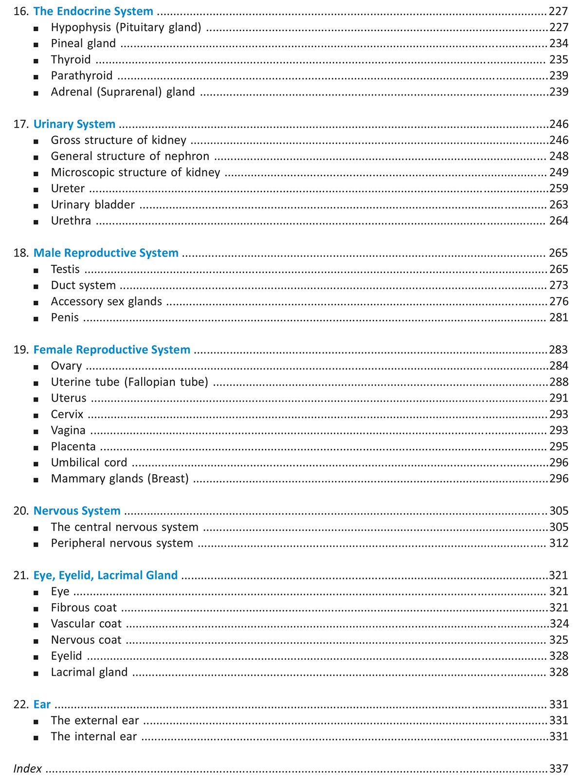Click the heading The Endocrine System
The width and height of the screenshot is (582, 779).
pos(93,11)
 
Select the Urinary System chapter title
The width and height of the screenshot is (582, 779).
pos(74,124)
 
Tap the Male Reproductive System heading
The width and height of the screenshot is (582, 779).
pos(106,253)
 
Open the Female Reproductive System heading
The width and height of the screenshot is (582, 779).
pos(111,350)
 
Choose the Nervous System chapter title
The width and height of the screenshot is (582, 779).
pos(77,511)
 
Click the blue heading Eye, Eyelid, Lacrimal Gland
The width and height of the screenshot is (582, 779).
pos(105,575)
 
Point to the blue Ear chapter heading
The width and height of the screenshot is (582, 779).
pos(42,705)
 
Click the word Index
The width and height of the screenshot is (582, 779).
pos(28,769)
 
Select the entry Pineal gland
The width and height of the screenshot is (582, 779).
pos(83,44)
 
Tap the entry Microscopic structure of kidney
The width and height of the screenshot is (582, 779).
pos(135,172)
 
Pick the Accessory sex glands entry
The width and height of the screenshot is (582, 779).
pos(106,301)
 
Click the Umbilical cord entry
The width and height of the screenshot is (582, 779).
pos(89,463)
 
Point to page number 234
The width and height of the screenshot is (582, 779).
pos(559,44)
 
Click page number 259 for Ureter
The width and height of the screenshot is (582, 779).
pos(559,188)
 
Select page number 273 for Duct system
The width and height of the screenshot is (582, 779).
pos(559,285)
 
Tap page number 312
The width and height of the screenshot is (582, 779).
pos(559,543)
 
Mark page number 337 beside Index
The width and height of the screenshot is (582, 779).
pos(559,769)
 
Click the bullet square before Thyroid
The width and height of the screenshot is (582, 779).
pos(36,61)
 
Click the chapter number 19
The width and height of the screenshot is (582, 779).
pos(20,350)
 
